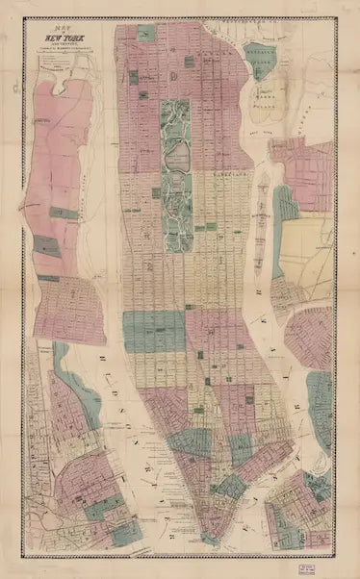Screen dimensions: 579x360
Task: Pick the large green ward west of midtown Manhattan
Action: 152,330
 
